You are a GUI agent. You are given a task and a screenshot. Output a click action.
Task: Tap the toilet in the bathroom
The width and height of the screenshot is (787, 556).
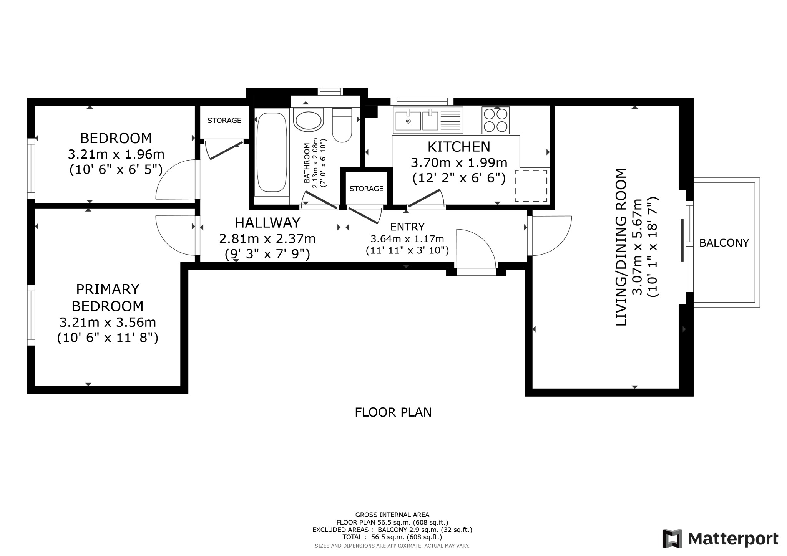pyautogui.click(x=342, y=125)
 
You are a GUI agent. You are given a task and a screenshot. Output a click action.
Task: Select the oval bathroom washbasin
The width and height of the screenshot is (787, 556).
pyautogui.click(x=308, y=120)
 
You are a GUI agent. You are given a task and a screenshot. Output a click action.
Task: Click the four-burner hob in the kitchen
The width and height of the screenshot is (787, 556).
pyautogui.click(x=496, y=120)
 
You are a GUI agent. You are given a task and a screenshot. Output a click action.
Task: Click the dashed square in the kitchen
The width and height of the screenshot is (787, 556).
pyautogui.click(x=531, y=186)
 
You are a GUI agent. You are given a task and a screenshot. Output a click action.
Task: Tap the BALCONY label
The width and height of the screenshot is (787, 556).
pyautogui.click(x=724, y=243)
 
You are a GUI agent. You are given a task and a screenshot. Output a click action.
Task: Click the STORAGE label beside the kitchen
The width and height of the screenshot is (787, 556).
pyautogui.click(x=366, y=189)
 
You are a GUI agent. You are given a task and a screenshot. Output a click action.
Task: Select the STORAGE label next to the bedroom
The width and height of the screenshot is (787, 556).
pyautogui.click(x=224, y=121)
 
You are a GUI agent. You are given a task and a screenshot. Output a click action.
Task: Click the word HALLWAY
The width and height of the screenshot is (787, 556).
pyautogui.click(x=267, y=223)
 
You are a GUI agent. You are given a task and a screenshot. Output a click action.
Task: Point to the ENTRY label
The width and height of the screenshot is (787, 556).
pyautogui.click(x=407, y=227)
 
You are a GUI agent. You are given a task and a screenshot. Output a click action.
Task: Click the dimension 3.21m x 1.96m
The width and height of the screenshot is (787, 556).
pyautogui.click(x=116, y=154)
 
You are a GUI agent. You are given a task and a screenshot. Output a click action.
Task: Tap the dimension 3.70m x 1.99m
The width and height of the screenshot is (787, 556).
pyautogui.click(x=459, y=163)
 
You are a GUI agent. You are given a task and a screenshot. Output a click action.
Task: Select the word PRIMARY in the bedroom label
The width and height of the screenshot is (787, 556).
pyautogui.click(x=108, y=289)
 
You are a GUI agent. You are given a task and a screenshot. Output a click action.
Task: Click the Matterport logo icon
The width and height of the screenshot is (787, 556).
pyautogui.click(x=672, y=538)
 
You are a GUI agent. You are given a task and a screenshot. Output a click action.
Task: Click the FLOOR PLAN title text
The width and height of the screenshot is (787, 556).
pyautogui.click(x=393, y=412)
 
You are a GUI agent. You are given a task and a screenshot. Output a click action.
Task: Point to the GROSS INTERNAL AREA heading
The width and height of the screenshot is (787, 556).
pyautogui.click(x=392, y=515)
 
